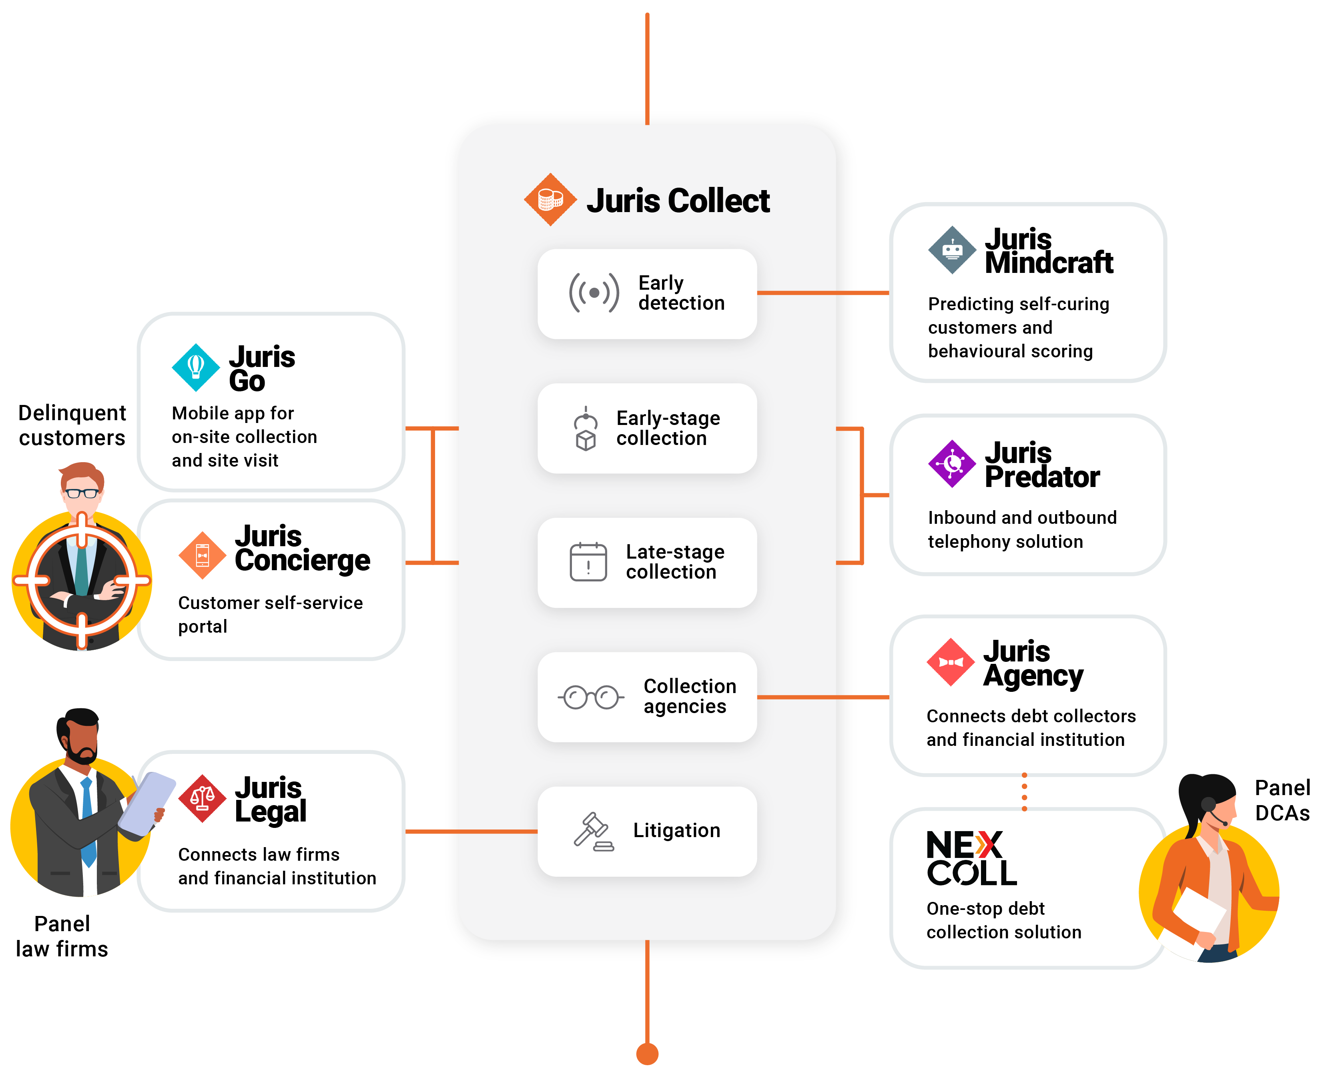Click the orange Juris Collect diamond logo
[x=550, y=200]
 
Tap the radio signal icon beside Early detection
[x=594, y=293]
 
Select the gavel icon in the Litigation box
[x=593, y=831]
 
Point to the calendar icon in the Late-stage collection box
[x=588, y=562]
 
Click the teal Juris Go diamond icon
[x=195, y=367]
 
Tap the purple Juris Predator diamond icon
[x=951, y=463]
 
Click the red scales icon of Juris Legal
[x=202, y=798]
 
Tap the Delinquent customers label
[x=72, y=425]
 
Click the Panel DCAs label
[x=1282, y=800]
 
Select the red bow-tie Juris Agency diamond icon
[x=950, y=662]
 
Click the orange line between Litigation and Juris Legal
[x=471, y=831]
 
